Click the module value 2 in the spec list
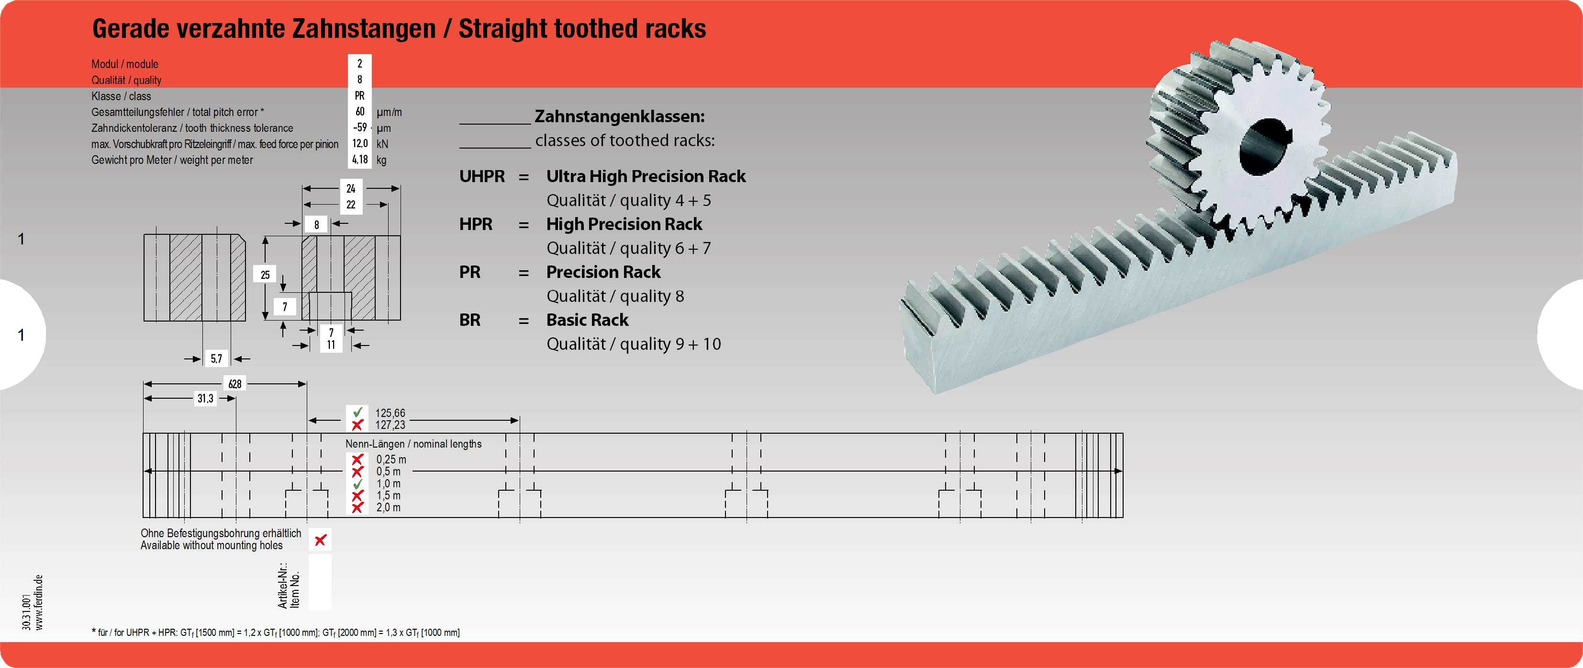(359, 63)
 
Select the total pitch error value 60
(359, 111)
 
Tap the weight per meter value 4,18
(359, 159)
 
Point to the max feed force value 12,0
(359, 143)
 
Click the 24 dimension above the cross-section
(351, 188)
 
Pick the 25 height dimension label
(265, 274)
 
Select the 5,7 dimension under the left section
(216, 358)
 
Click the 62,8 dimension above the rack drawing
(235, 384)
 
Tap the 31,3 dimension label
(205, 399)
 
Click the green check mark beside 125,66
(357, 412)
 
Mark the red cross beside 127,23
(357, 425)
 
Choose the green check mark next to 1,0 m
(357, 484)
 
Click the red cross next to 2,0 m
(357, 507)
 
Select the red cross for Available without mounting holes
(320, 540)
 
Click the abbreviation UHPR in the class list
(482, 176)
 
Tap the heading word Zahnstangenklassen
(619, 116)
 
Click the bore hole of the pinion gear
(1264, 146)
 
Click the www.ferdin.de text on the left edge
(39, 602)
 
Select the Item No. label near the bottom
(295, 589)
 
